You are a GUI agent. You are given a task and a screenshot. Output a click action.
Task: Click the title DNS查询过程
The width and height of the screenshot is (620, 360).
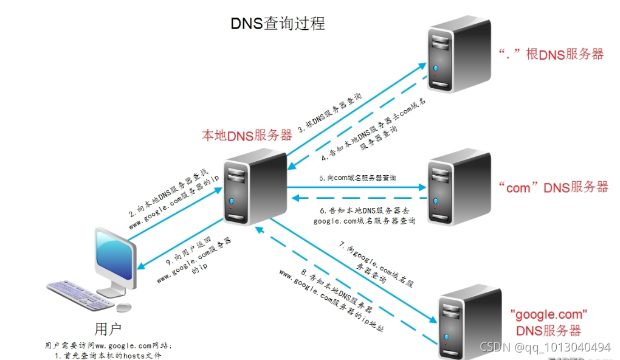coord(278,23)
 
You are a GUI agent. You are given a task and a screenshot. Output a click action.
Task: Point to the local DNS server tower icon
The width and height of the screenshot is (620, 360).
coord(255,189)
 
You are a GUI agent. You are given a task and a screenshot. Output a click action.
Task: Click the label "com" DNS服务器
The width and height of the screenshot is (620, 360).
coord(553,187)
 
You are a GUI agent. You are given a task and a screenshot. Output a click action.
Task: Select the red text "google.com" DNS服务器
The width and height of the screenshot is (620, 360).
coord(548,323)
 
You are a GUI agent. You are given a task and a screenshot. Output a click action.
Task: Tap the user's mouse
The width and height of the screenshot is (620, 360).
coord(124,306)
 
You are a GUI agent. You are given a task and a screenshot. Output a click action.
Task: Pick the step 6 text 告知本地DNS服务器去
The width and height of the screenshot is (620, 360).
coord(363,210)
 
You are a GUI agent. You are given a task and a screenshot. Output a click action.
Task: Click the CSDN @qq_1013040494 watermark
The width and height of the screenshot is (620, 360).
coord(545,347)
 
